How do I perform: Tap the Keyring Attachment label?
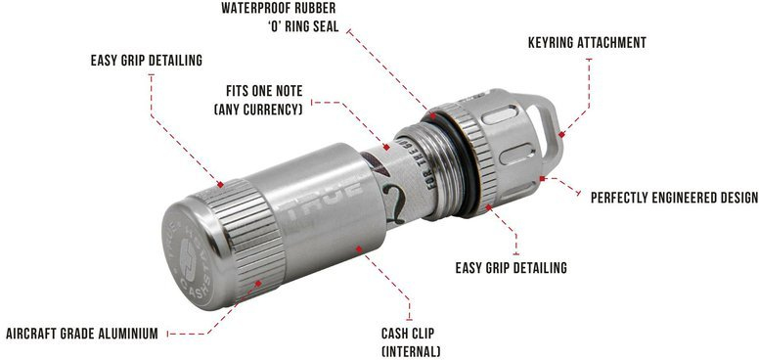coord(587,43)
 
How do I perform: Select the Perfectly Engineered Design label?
coord(674,198)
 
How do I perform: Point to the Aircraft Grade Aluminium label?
coord(82,334)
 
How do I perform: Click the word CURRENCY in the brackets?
coord(274,110)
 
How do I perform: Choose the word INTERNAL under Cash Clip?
coord(411,351)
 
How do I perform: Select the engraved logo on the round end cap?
coord(189,259)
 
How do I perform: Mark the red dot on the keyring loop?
coord(560,135)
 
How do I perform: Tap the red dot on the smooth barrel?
coord(359,249)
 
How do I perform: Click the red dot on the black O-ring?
coord(432,116)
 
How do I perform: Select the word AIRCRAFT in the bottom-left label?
coord(29,334)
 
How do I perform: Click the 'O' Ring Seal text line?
coord(303,26)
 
